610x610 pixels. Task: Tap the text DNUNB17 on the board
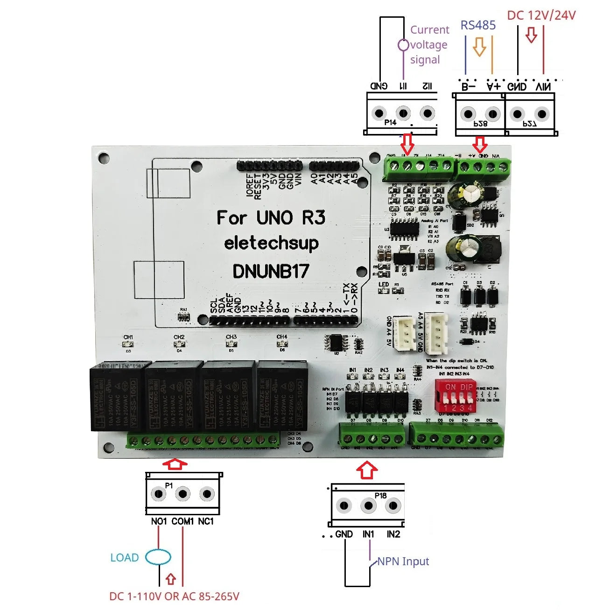(271, 271)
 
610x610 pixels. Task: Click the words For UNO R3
(271, 217)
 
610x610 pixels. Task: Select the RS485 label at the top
(478, 25)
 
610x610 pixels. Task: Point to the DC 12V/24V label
(541, 15)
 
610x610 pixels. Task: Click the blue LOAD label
(124, 558)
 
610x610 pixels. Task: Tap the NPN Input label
(403, 561)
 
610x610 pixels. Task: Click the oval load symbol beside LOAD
(158, 557)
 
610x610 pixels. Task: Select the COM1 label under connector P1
(182, 521)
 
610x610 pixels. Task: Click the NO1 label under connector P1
(159, 521)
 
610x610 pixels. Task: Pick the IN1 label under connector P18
(368, 534)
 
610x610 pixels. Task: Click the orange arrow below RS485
(479, 47)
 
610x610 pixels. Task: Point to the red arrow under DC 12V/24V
(531, 35)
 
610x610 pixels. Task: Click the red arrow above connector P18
(367, 470)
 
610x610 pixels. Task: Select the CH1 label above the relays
(128, 337)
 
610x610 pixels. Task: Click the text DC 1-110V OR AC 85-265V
(174, 596)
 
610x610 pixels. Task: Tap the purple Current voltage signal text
(429, 45)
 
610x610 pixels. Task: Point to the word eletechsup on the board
(271, 243)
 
